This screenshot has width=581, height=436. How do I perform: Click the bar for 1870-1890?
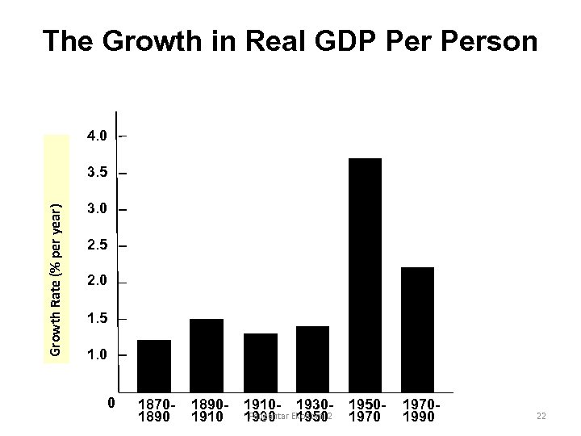pos(154,366)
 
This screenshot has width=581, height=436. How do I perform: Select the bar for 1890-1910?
pos(207,355)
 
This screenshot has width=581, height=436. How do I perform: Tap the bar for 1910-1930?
pos(260,363)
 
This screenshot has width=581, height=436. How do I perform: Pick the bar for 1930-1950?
pos(313,359)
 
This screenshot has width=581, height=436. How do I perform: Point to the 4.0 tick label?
pos(97,136)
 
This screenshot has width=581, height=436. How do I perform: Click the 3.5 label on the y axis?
pos(97,173)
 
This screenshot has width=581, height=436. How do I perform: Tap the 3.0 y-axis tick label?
pos(97,209)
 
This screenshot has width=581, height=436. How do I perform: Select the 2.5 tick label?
pos(97,245)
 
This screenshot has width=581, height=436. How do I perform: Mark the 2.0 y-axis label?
pos(97,283)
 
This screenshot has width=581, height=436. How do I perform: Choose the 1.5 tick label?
pos(97,320)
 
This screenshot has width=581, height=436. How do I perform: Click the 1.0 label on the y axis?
pos(97,355)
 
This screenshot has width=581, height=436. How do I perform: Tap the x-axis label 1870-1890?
pos(155,410)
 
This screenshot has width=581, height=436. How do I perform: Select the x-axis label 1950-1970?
pos(366,410)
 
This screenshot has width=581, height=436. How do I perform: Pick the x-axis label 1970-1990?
pos(418,410)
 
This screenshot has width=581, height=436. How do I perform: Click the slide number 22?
pos(541,415)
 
